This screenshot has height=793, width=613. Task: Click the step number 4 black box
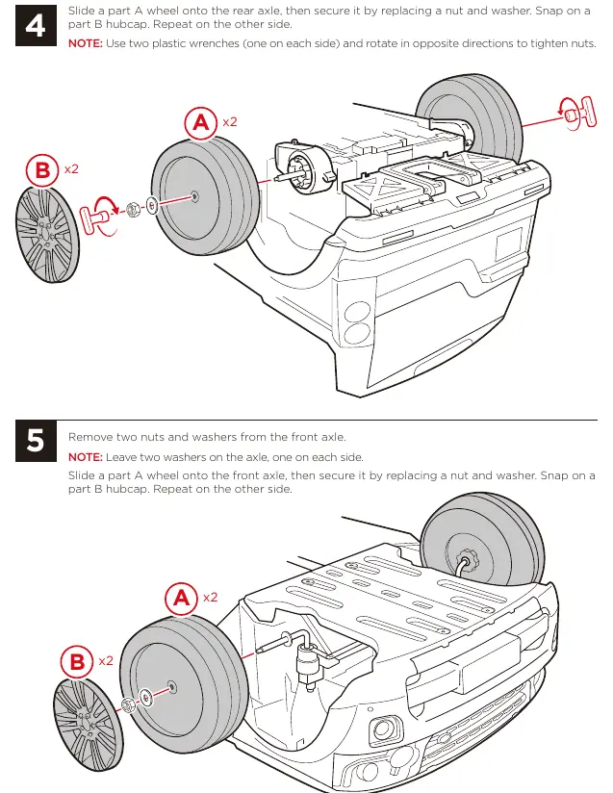(36, 25)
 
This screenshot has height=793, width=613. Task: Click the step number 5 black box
(36, 441)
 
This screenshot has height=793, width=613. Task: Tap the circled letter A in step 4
(201, 122)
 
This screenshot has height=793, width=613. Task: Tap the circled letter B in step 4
(42, 170)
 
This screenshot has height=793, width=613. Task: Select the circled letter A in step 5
(181, 599)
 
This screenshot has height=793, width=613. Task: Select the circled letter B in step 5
(77, 662)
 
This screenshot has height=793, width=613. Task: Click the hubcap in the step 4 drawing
(47, 234)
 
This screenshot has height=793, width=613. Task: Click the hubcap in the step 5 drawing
(88, 725)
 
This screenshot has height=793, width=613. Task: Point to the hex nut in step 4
(133, 210)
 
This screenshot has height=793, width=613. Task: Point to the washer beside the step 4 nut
(152, 205)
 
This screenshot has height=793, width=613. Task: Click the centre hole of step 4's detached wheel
(194, 196)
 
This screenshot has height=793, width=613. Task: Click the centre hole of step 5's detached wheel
(172, 687)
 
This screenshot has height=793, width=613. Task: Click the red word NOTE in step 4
(85, 43)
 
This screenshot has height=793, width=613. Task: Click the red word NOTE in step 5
(85, 457)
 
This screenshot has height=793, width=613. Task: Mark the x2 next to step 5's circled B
(106, 661)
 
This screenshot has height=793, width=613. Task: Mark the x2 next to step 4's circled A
(230, 122)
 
